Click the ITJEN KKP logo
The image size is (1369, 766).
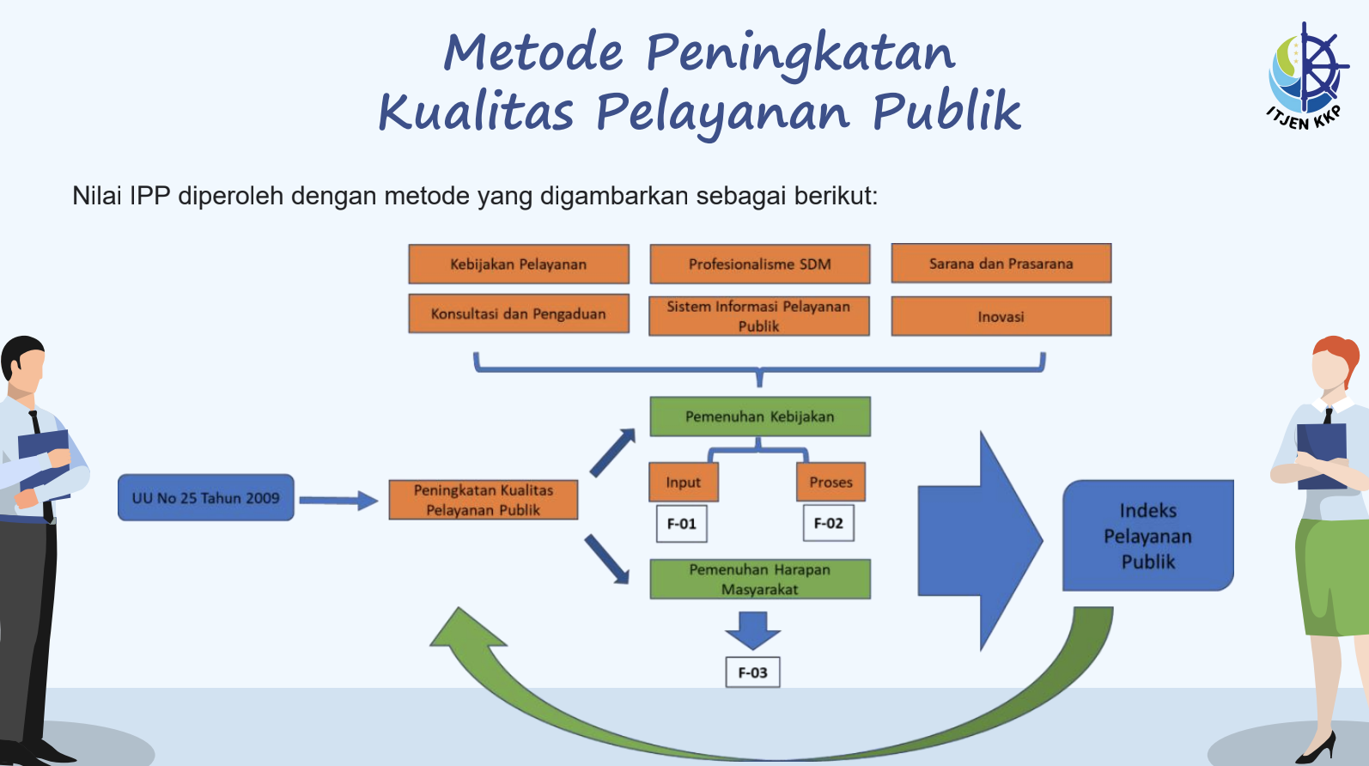[1306, 76]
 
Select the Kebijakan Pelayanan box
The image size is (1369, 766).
[519, 264]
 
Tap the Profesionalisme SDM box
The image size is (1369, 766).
[760, 264]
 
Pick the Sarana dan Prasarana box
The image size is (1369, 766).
[1001, 264]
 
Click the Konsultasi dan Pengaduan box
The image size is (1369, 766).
[519, 314]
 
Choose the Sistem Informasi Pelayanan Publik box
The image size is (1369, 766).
[759, 316]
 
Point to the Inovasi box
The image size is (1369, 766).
[1001, 316]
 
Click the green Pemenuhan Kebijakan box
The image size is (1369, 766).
[760, 416]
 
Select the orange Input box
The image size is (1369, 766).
[684, 482]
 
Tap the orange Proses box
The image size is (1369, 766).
[831, 482]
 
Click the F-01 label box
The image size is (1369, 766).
[681, 524]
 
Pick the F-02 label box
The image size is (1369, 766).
[828, 523]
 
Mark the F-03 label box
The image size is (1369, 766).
[752, 672]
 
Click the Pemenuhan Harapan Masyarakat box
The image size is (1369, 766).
[760, 579]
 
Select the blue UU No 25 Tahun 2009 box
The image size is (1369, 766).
[206, 498]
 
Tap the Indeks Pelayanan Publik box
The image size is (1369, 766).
[1148, 536]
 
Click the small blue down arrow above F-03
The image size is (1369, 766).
[752, 630]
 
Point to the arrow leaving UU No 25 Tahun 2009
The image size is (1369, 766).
[338, 501]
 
